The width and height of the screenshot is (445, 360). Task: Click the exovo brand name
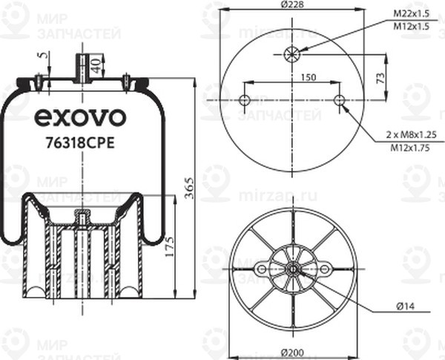coord(81,118)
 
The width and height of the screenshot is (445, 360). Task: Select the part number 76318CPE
coord(80,144)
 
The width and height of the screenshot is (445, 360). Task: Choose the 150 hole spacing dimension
coord(309,76)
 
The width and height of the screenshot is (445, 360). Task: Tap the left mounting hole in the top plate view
coord(245,100)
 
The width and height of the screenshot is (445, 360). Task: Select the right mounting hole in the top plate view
coord(340,100)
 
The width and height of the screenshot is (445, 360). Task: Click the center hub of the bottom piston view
coord(292,269)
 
